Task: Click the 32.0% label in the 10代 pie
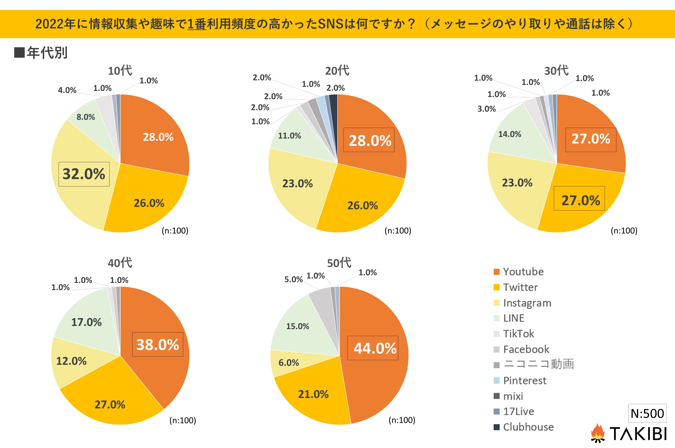(84, 174)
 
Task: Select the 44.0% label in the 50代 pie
(375, 348)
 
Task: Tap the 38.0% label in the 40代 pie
(158, 344)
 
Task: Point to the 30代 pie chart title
(556, 71)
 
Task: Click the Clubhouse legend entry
(528, 427)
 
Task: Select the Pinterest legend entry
(524, 381)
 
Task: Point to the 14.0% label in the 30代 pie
(510, 134)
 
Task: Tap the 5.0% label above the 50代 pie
(293, 279)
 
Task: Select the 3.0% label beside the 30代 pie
(487, 109)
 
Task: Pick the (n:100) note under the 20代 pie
(398, 231)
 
